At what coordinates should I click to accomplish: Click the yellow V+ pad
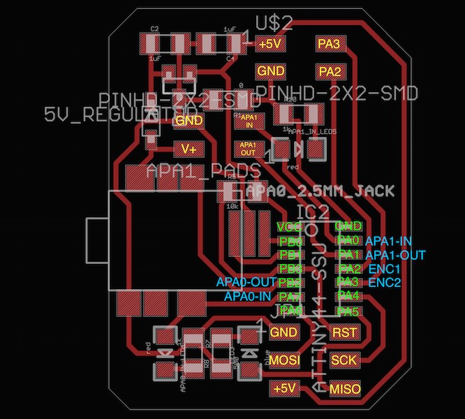pyautogui.click(x=189, y=149)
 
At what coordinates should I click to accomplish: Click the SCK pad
pyautogui.click(x=344, y=360)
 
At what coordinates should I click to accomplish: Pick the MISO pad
pyautogui.click(x=344, y=388)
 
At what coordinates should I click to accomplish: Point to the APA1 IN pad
pyautogui.click(x=249, y=122)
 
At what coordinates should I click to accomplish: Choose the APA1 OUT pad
pyautogui.click(x=249, y=148)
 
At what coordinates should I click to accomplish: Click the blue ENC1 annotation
pyautogui.click(x=384, y=269)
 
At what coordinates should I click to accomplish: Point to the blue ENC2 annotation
pyautogui.click(x=385, y=283)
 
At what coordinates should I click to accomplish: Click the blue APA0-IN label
pyautogui.click(x=248, y=296)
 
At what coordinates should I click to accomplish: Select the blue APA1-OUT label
pyautogui.click(x=394, y=255)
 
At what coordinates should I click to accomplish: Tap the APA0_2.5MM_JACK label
pyautogui.click(x=320, y=191)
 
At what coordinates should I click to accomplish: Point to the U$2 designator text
pyautogui.click(x=274, y=22)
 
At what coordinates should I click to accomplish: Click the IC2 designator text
pyautogui.click(x=312, y=211)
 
